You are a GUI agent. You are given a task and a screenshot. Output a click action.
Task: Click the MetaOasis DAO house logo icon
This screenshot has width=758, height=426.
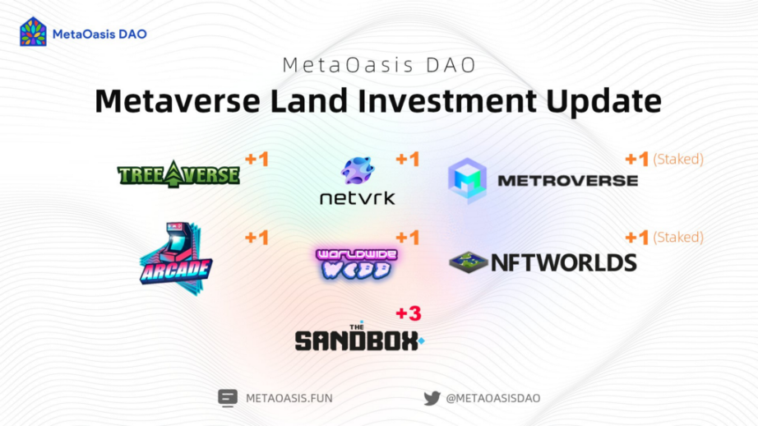[x=34, y=32]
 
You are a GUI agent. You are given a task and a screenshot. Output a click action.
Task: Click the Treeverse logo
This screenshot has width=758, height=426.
[x=178, y=174]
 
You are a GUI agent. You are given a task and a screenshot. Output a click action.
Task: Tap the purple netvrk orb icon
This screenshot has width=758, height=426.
[x=358, y=170]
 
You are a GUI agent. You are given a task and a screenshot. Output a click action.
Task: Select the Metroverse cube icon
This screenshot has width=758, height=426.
[x=467, y=180]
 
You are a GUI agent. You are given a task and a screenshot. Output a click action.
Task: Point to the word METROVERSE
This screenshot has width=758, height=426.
[x=567, y=181]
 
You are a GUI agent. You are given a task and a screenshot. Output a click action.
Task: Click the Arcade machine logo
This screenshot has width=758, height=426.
[x=176, y=259]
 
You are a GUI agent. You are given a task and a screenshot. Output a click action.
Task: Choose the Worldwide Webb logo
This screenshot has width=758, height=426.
[x=357, y=263]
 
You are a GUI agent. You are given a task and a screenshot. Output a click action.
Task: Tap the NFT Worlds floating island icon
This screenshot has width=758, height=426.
[x=468, y=262]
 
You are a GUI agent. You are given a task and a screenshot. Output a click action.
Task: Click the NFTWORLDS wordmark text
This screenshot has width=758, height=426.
[x=564, y=263]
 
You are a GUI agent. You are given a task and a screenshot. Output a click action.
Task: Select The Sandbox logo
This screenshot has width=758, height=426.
[x=359, y=337]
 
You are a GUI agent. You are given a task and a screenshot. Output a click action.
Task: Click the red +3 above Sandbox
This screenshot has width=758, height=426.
[x=409, y=313]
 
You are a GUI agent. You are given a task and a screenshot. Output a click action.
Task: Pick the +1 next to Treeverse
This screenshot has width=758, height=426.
[x=257, y=159]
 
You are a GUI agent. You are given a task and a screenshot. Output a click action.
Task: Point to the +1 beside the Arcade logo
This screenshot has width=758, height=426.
[x=257, y=238]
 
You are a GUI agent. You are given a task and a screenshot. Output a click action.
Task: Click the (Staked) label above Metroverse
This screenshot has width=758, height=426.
[x=678, y=159]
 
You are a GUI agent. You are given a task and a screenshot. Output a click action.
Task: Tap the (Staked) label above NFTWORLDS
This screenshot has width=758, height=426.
[x=678, y=238]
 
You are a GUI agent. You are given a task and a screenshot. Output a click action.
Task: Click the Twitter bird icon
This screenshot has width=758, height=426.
[x=432, y=398]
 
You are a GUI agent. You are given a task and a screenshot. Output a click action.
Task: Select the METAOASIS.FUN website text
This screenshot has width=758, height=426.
[x=289, y=398]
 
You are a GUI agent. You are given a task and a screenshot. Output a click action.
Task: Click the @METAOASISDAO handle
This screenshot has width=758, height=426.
[x=493, y=398]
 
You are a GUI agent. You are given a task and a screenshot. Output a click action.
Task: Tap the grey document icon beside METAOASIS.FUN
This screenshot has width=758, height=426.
[x=227, y=398]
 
